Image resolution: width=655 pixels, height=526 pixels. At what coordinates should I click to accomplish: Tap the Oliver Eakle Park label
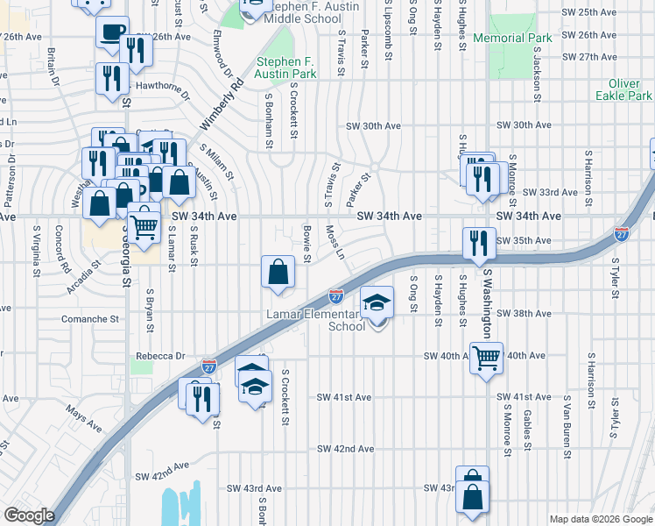coord(623,89)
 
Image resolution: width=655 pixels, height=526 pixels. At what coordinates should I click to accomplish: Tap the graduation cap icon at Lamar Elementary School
coord(377,303)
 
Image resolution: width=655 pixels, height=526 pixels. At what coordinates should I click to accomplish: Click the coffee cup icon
coord(112,33)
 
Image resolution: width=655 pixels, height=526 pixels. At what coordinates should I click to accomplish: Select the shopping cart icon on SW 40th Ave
coord(486,357)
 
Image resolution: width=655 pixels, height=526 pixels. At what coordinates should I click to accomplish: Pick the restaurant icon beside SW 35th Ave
coord(478,242)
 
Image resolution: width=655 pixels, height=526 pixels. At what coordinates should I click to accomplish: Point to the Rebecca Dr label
coord(160,357)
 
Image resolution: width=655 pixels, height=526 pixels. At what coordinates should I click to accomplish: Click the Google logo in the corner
coord(29,515)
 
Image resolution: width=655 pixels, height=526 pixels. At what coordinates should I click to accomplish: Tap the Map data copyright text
coord(601,519)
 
